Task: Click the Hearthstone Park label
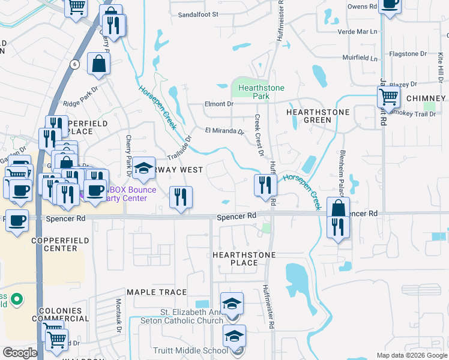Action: pyautogui.click(x=261, y=92)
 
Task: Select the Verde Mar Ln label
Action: pyautogui.click(x=359, y=31)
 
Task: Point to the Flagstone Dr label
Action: pyautogui.click(x=407, y=54)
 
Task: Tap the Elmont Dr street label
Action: pyautogui.click(x=218, y=104)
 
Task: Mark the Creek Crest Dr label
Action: pyautogui.click(x=259, y=136)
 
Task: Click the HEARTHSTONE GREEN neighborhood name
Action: pyautogui.click(x=309, y=116)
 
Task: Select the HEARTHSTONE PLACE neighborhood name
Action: pyautogui.click(x=244, y=259)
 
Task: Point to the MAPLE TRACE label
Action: pyautogui.click(x=157, y=292)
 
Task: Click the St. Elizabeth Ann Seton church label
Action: pyautogui.click(x=191, y=316)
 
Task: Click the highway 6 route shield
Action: pyautogui.click(x=74, y=64)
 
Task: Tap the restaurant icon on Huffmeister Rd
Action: pyautogui.click(x=264, y=185)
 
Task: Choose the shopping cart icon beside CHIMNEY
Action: pyautogui.click(x=389, y=96)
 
